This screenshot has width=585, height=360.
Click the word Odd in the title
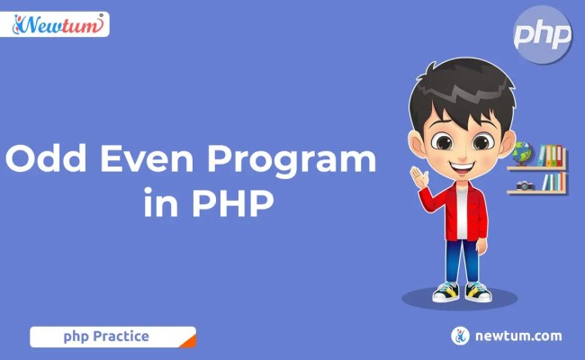tap(47, 160)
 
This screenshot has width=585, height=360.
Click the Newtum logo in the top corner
tap(60, 24)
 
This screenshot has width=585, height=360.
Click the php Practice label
tap(105, 337)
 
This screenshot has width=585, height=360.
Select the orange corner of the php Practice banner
tap(187, 339)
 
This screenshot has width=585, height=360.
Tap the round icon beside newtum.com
tap(461, 336)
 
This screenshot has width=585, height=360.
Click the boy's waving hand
tap(418, 175)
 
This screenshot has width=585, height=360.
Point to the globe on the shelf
tap(522, 153)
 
